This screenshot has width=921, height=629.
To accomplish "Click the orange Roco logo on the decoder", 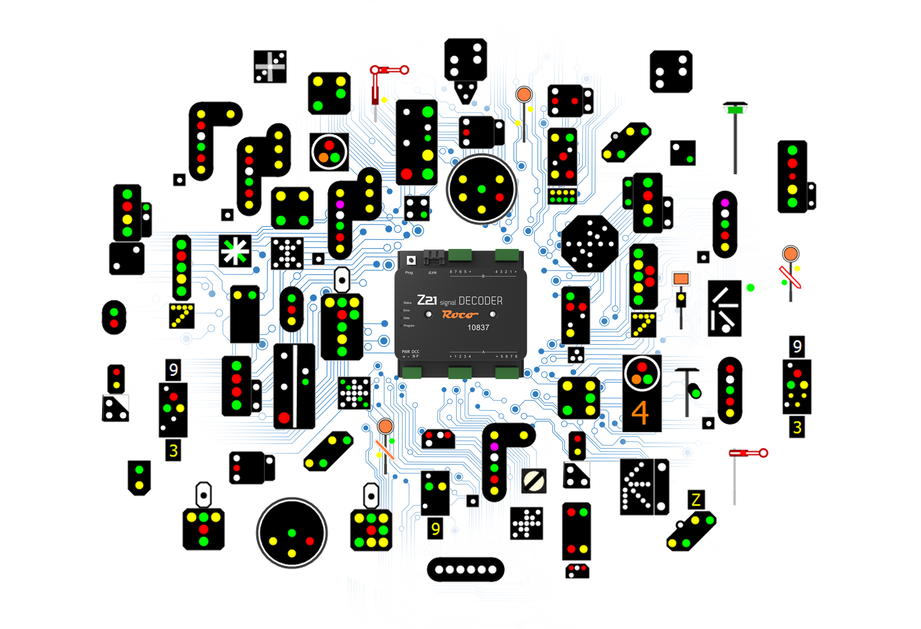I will [460, 315].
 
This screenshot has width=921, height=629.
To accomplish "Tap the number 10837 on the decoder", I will [478, 328].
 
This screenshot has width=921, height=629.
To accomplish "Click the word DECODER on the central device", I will [480, 301].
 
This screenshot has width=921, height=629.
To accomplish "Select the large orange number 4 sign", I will [640, 413].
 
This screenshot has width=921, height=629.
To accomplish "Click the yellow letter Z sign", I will [696, 500].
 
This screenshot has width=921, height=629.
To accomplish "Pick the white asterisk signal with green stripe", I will [235, 251].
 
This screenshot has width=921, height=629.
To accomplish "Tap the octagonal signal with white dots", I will [590, 244].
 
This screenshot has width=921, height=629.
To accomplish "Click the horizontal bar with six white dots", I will [465, 570].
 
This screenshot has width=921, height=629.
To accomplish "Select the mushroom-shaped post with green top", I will [735, 109].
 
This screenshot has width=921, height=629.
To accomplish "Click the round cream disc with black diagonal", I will [534, 480].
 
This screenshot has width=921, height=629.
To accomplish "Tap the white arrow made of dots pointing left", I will [636, 487].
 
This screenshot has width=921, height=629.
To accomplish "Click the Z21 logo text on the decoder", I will [427, 300].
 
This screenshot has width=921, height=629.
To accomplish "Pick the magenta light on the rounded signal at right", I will [725, 203].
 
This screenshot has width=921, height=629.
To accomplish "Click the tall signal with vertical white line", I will [295, 386].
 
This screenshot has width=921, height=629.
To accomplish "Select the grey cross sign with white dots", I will [270, 66].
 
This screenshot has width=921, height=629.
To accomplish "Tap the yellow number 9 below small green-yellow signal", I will [435, 529].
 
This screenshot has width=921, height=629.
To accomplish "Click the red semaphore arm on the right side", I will [748, 453].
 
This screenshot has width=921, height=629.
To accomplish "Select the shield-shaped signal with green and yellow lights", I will [139, 477].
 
